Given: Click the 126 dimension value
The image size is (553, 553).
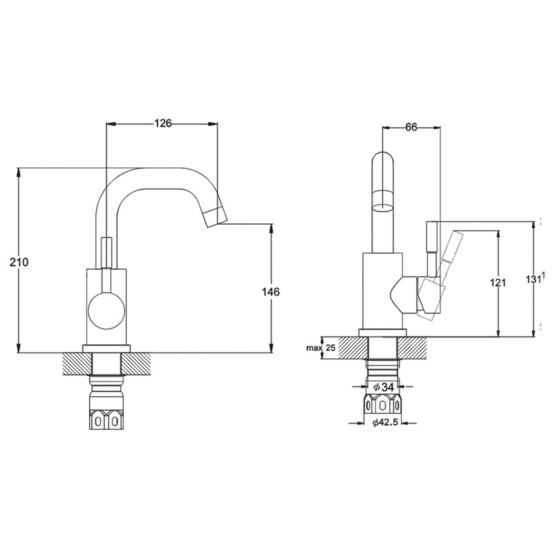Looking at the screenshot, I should coord(162,124).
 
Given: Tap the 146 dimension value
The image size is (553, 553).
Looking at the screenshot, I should coord(271,292).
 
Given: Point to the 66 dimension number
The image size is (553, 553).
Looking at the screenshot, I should coord(411,126).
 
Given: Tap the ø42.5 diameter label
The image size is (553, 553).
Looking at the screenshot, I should coord(384,423).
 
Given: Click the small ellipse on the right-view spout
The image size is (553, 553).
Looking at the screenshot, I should coord(382,205).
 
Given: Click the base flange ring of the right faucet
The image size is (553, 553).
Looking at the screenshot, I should coord(382,331).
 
